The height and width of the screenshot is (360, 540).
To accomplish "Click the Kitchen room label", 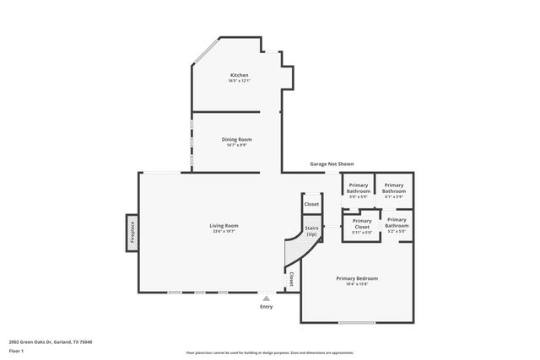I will pyautogui.click(x=240, y=75).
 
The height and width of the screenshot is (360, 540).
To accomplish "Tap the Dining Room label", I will pyautogui.click(x=236, y=139).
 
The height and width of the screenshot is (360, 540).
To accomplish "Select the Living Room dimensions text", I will pyautogui.click(x=224, y=231).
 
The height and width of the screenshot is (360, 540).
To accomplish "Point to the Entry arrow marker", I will pyautogui.click(x=267, y=298).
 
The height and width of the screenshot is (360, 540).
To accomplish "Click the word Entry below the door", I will pyautogui.click(x=267, y=306).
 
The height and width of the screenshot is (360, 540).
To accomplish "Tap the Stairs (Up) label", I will pyautogui.click(x=311, y=230).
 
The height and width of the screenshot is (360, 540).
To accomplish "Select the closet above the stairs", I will pyautogui.click(x=311, y=204).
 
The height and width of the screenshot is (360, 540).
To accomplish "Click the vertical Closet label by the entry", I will pyautogui.click(x=292, y=278).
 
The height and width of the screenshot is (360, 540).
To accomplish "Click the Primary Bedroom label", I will pyautogui.click(x=357, y=278).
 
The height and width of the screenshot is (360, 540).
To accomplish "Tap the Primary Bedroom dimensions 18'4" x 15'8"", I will pyautogui.click(x=357, y=284).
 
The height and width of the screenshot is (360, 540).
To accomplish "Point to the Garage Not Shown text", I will pyautogui.click(x=332, y=164).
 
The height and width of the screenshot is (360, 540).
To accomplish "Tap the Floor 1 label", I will pyautogui.click(x=16, y=350).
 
